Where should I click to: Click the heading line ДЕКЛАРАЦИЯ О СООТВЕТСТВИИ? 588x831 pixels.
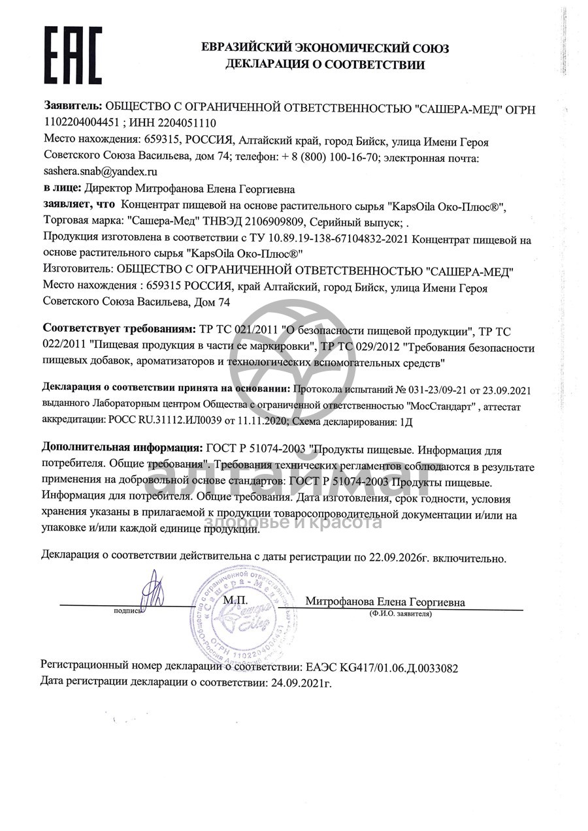[x=325, y=65]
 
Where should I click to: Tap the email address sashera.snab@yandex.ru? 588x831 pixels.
[x=101, y=172]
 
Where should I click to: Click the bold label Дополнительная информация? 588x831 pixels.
[x=122, y=450]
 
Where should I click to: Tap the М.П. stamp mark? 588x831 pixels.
[x=234, y=599]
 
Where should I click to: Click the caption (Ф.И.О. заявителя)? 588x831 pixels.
[x=400, y=614]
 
